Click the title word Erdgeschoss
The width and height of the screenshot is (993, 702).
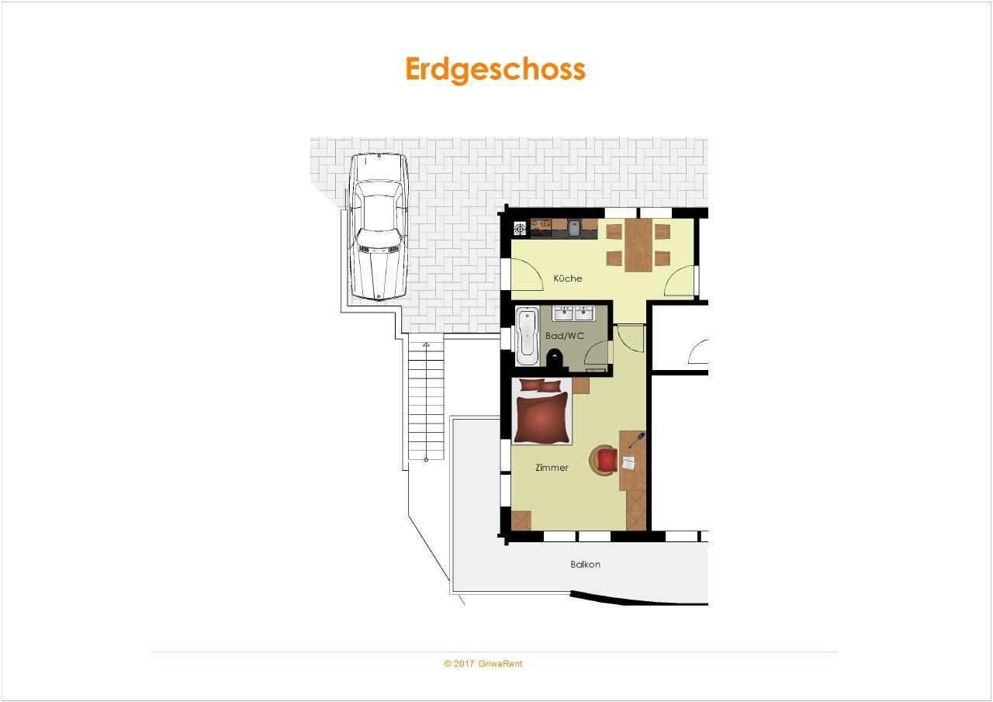pos(495,69)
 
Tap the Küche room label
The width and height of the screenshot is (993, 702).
pos(567,278)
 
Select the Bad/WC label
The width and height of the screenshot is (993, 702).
pos(564,336)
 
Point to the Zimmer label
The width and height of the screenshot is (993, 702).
pos(552,468)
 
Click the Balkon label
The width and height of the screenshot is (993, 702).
pos(585,565)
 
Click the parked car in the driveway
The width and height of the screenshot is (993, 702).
pos(379,227)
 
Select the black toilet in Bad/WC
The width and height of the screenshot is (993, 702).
pos(554,358)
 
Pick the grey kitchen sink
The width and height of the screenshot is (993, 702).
pos(574,228)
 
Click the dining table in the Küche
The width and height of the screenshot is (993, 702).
pos(638,244)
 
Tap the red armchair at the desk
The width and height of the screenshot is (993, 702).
pos(604,461)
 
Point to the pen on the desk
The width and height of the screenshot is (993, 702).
pos(637,440)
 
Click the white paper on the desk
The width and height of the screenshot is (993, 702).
pos(628,463)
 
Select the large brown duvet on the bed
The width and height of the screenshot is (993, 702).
pos(542,417)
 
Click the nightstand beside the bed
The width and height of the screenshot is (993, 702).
pos(581,385)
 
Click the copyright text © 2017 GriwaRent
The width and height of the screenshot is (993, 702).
pos(483,664)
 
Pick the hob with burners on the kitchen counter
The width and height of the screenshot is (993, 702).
pos(541,228)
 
